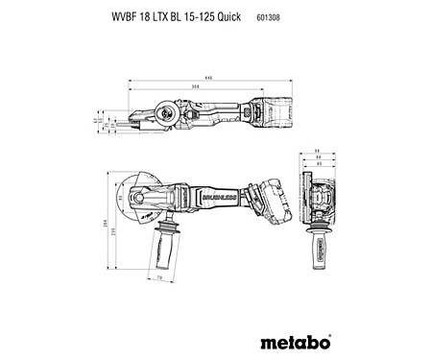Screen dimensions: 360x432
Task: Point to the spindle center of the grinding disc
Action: pos(141,204)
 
